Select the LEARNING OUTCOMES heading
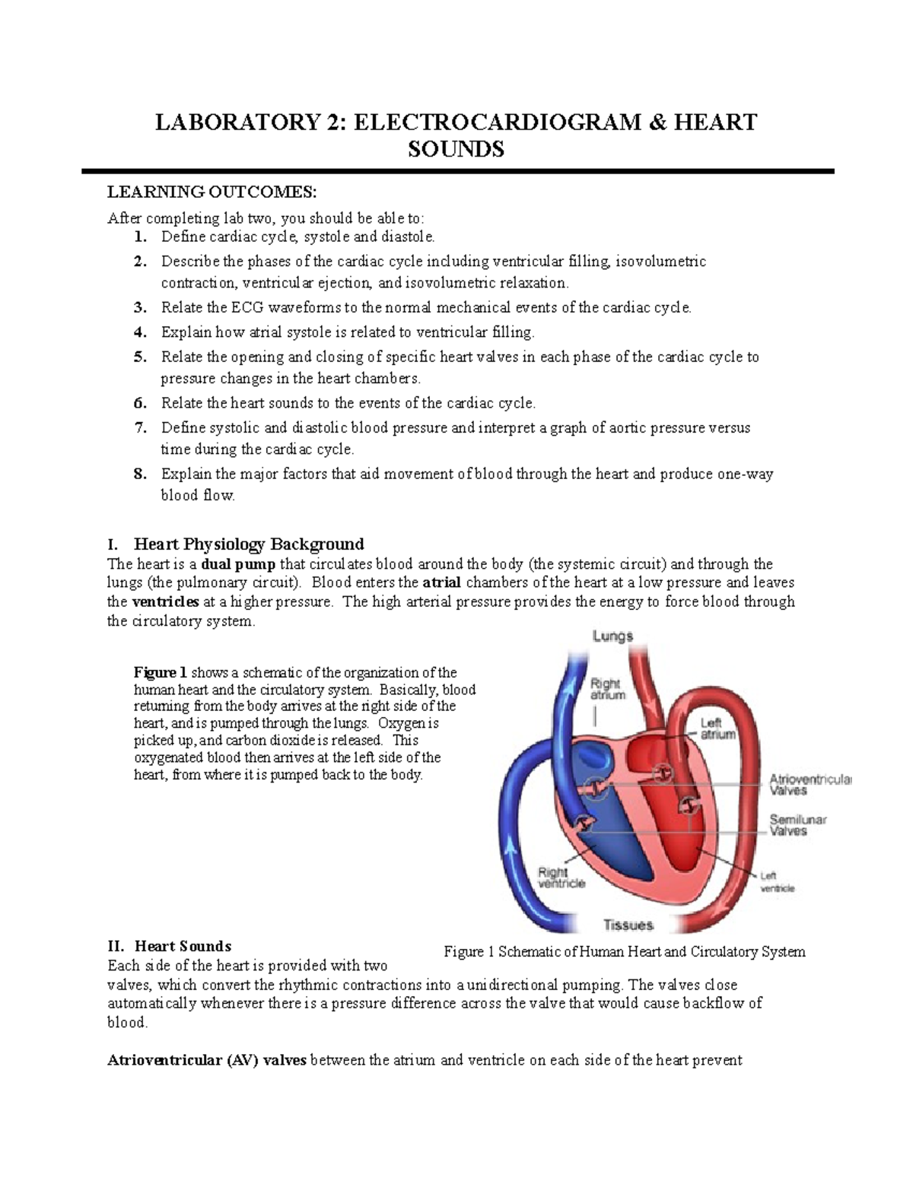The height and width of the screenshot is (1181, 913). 210,191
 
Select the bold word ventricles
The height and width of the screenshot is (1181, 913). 165,602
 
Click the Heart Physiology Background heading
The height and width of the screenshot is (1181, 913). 248,544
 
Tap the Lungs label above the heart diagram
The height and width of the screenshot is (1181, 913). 612,637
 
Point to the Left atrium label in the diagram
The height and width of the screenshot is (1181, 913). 717,729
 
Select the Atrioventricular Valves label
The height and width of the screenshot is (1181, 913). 810,785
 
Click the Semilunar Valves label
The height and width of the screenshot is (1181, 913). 797,825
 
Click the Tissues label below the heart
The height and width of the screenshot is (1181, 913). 628,925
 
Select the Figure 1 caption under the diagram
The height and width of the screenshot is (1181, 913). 624,951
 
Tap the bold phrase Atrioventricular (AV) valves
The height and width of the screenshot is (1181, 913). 207,1061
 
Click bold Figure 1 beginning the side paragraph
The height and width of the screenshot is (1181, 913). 160,672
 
